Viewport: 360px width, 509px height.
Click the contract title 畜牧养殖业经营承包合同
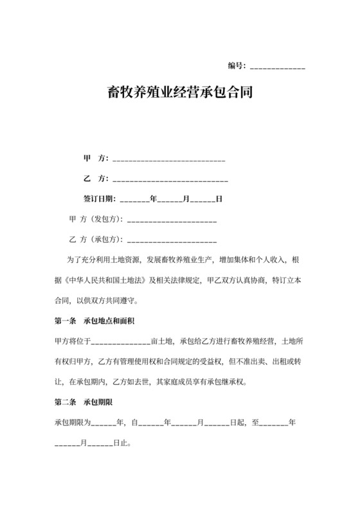(x=179, y=93)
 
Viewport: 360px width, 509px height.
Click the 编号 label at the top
(x=237, y=66)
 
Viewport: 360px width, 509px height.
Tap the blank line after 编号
(x=277, y=67)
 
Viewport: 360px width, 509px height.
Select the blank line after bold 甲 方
(x=168, y=159)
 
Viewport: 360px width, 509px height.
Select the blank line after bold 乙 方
(x=170, y=179)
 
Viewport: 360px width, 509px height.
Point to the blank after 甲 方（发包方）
(x=172, y=220)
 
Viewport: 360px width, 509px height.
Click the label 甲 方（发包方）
(x=96, y=219)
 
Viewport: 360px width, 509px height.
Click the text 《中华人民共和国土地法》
(x=106, y=281)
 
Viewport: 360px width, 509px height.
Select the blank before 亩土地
(x=122, y=341)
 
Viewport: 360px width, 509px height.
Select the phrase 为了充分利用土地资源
(x=102, y=260)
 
